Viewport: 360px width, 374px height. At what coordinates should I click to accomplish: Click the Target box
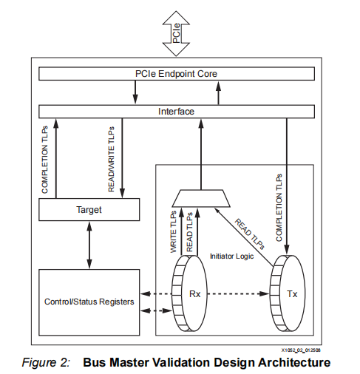[x=89, y=210]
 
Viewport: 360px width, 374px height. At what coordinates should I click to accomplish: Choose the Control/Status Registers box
[x=89, y=302]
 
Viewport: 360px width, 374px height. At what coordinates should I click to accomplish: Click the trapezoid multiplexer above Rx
[x=199, y=197]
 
